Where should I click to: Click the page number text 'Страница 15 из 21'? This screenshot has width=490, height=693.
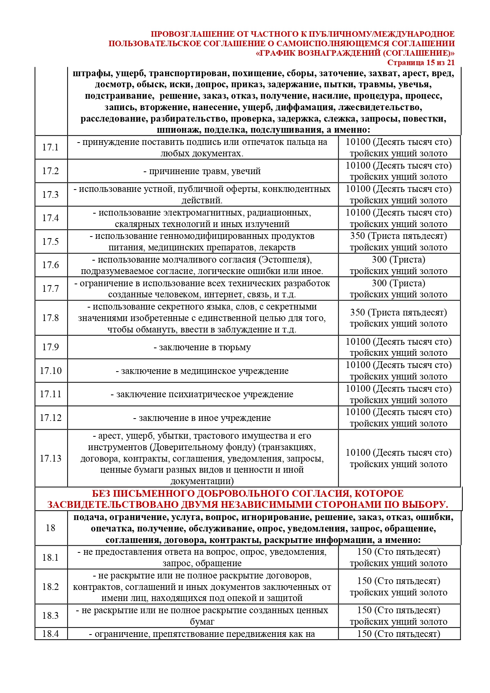(x=421, y=63)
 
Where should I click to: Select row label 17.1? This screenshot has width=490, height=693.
(x=51, y=147)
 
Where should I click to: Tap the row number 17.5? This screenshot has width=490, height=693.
(x=51, y=242)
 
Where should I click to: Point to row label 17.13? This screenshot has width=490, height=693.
(x=51, y=458)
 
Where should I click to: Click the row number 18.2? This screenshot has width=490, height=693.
(x=51, y=587)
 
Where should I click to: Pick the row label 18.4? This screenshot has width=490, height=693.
(x=51, y=634)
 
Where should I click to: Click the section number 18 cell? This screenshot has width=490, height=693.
(x=51, y=528)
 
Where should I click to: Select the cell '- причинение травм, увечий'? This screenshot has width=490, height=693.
(x=202, y=171)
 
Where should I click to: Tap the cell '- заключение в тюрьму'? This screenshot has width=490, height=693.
(x=202, y=347)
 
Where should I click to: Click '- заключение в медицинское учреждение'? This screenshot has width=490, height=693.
(x=202, y=371)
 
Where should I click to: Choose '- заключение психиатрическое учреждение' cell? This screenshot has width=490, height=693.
(x=202, y=394)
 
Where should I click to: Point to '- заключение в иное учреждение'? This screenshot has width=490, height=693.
(x=202, y=418)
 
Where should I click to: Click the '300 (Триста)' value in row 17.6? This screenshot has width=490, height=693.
(x=398, y=260)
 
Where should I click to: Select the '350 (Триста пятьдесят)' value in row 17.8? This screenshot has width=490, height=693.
(x=398, y=313)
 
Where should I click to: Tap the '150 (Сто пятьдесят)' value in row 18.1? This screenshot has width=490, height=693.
(x=398, y=552)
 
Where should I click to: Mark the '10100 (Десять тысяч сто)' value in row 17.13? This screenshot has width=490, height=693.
(x=398, y=453)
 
